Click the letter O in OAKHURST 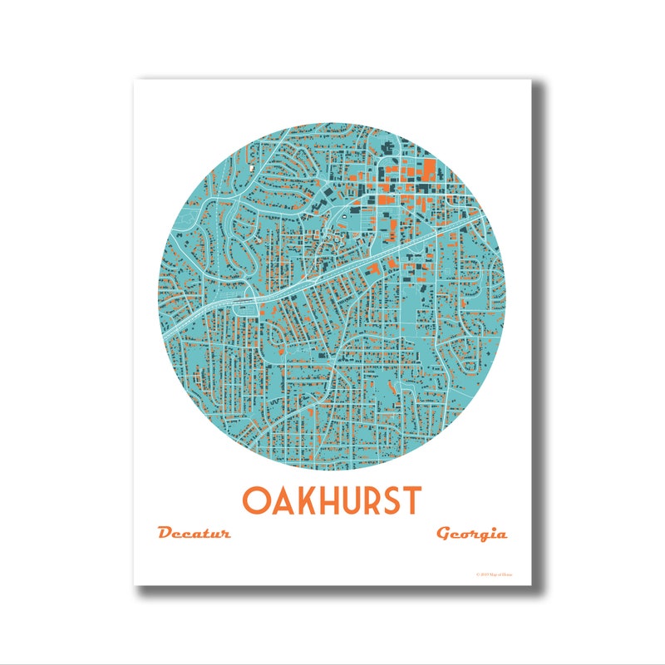[255, 500]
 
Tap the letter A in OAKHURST [282, 500]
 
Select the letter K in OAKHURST [305, 500]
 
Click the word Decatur [193, 533]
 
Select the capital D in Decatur [165, 532]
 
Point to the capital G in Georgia [445, 533]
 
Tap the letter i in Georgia [491, 533]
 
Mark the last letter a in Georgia [500, 534]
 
